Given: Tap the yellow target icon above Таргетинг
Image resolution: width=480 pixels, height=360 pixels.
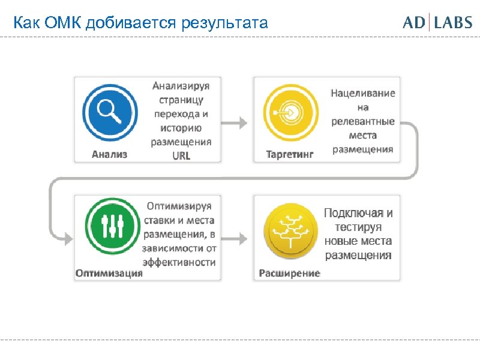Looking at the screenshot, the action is pyautogui.click(x=289, y=111).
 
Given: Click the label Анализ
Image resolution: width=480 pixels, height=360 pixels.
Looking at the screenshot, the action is pyautogui.click(x=109, y=154).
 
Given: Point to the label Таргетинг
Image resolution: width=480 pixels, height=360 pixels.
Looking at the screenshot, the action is pyautogui.click(x=290, y=154).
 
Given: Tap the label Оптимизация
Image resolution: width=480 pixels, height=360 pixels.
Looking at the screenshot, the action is pyautogui.click(x=109, y=273).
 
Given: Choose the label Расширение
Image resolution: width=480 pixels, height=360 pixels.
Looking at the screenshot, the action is pyautogui.click(x=289, y=273).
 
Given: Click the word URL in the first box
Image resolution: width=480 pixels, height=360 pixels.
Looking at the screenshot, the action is pyautogui.click(x=181, y=155).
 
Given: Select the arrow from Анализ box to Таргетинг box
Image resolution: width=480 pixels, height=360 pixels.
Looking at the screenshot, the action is pyautogui.click(x=236, y=123).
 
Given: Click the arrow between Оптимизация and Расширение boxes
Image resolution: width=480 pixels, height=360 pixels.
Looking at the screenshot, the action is pyautogui.click(x=236, y=238).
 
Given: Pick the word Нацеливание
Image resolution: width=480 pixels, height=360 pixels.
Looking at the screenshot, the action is pyautogui.click(x=363, y=94).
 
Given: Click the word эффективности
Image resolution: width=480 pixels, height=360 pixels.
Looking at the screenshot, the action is pyautogui.click(x=179, y=262).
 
